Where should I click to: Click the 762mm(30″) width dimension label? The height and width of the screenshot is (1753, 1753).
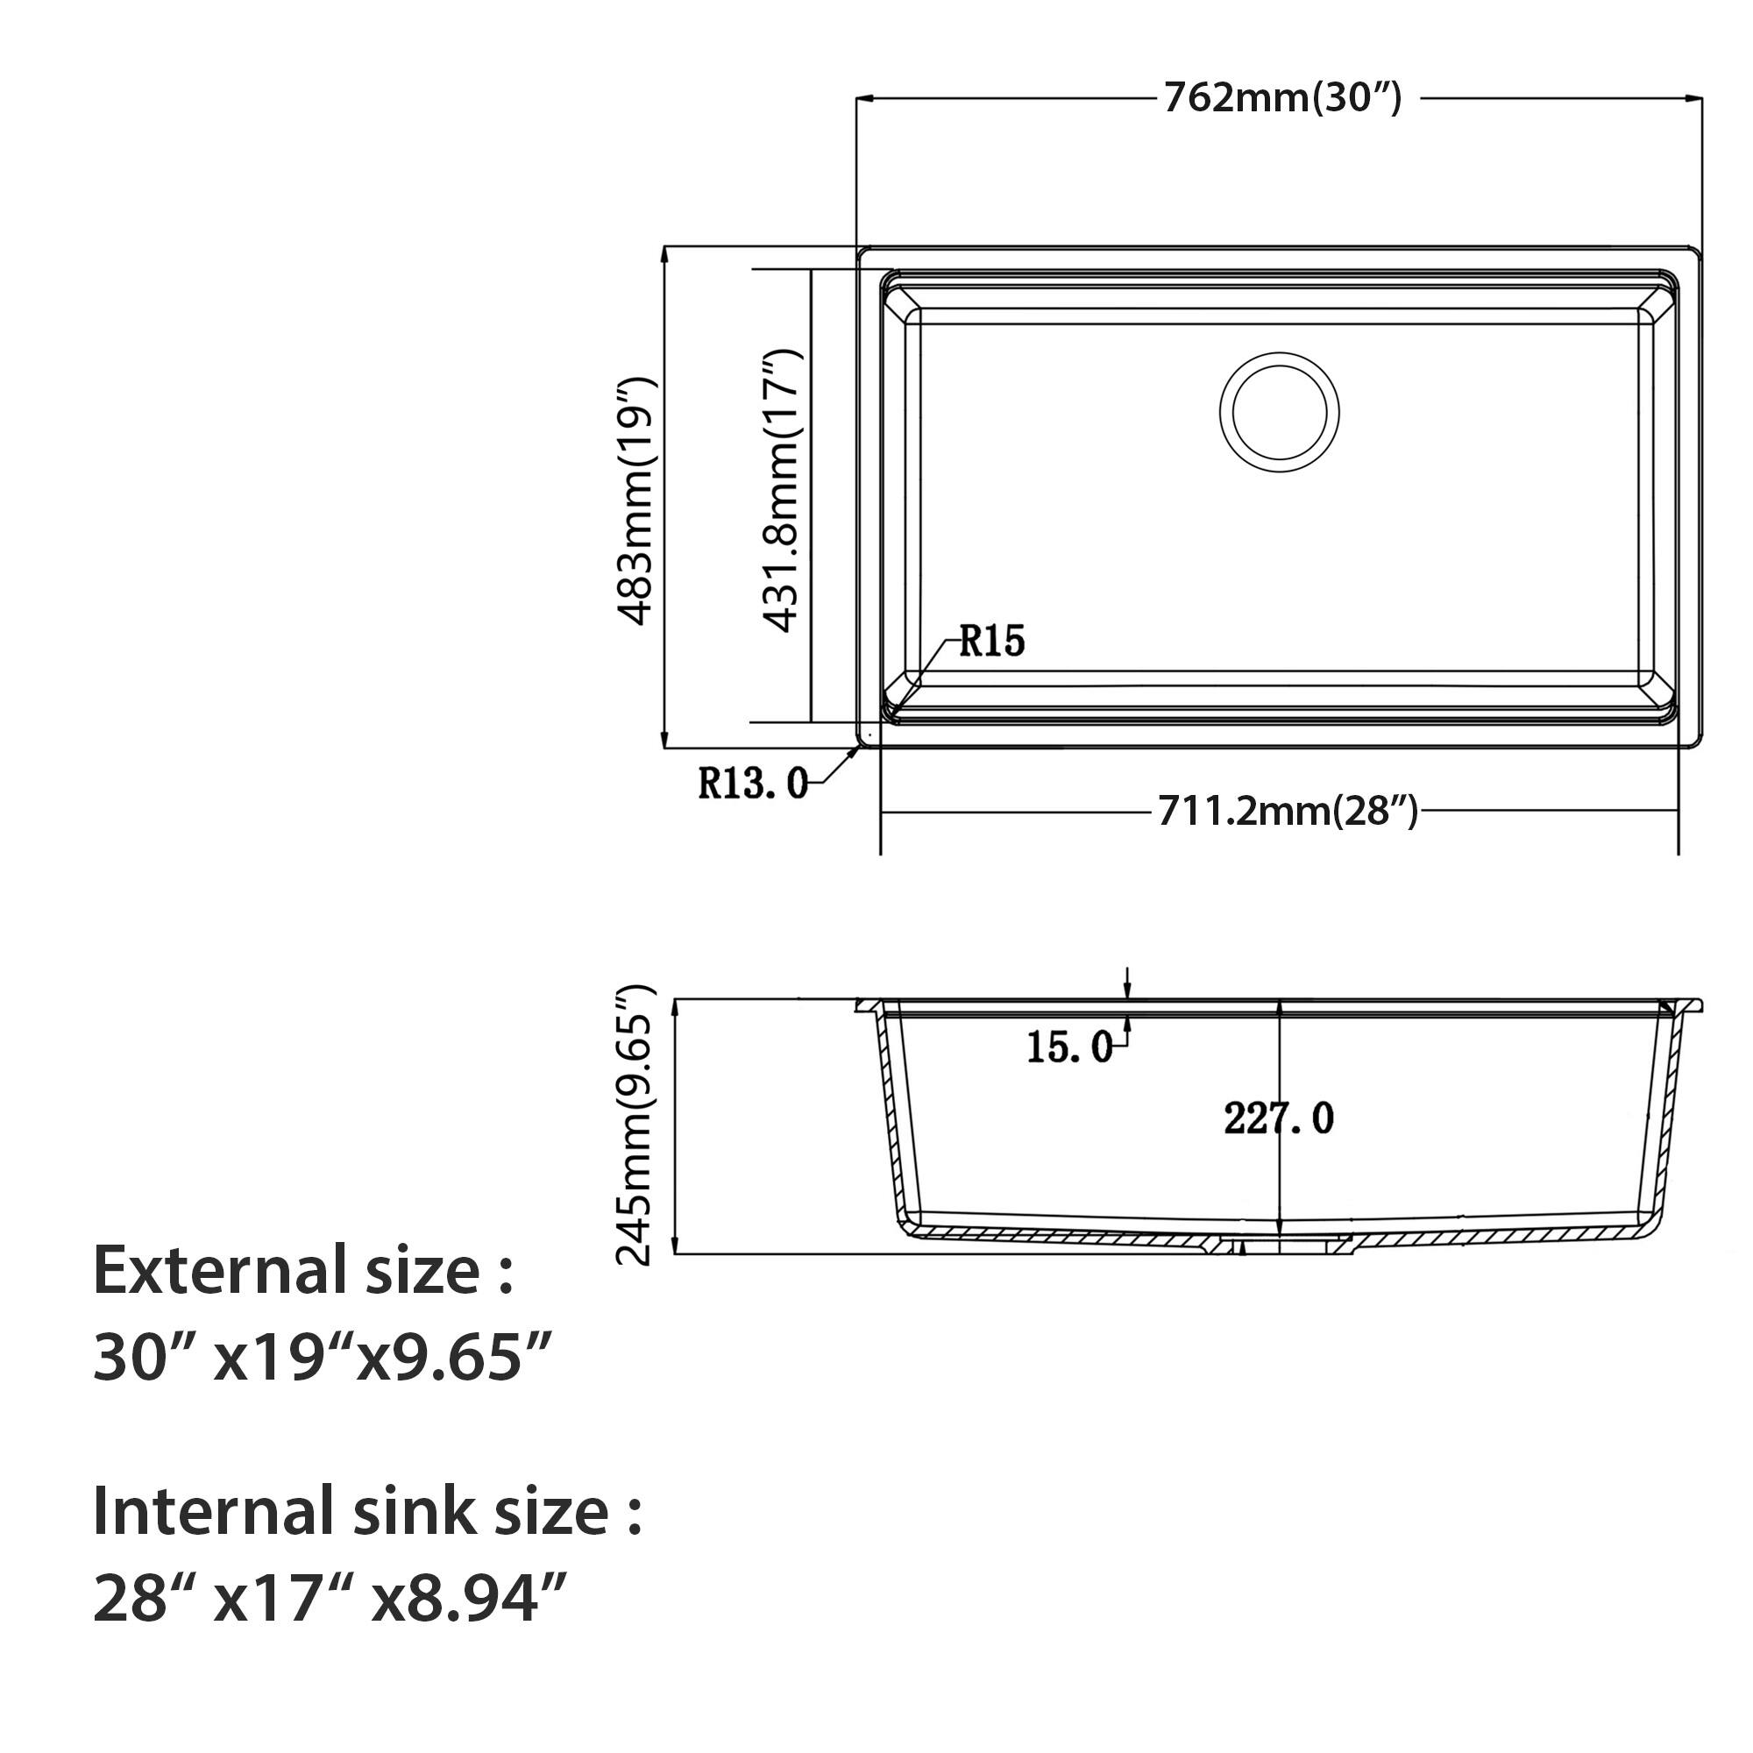(1283, 98)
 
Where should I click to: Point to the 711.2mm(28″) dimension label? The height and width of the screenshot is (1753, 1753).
(1287, 810)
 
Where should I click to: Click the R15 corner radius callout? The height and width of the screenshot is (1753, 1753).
(990, 641)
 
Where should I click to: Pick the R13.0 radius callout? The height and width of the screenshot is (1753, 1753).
(752, 782)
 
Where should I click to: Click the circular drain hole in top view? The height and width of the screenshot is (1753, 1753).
(1280, 412)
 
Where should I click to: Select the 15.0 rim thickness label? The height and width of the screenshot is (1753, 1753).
(1068, 1048)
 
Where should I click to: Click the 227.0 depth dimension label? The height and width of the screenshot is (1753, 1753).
(1279, 1118)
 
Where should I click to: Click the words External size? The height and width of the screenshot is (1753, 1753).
(303, 1270)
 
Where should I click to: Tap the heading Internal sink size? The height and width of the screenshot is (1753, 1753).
(367, 1511)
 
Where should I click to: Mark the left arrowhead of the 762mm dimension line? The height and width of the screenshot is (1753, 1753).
(865, 98)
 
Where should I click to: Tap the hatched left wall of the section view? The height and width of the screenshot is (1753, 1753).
(891, 1125)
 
